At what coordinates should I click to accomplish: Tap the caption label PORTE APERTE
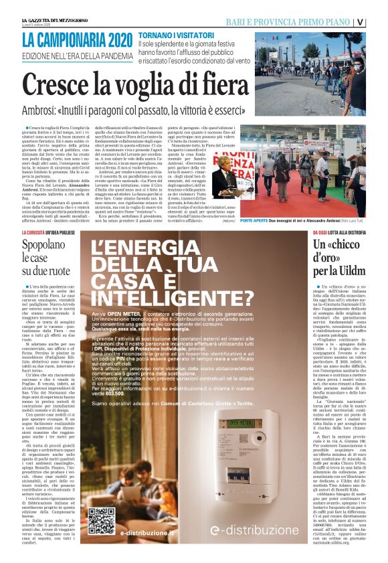coord(276,220)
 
